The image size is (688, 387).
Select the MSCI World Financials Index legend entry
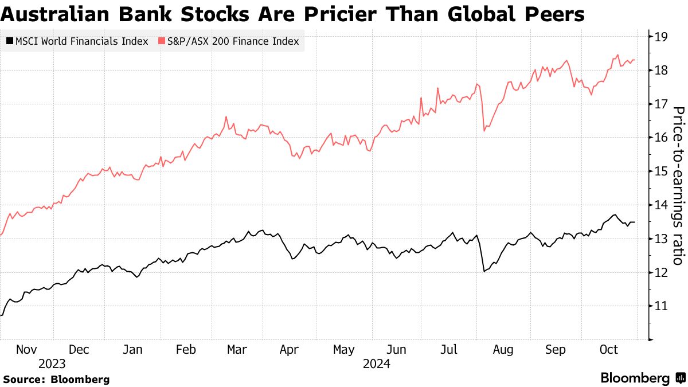coord(77,41)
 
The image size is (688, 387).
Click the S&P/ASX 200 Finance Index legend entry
coord(229,41)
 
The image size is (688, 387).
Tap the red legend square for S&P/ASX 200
coord(162,41)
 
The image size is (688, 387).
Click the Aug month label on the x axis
coord(503,349)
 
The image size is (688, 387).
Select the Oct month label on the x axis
coord(609,349)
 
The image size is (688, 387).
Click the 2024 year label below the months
coord(376,363)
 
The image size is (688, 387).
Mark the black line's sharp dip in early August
coord(484,271)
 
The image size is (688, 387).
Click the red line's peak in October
coord(617,55)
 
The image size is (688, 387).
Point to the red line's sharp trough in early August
coord(484,131)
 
